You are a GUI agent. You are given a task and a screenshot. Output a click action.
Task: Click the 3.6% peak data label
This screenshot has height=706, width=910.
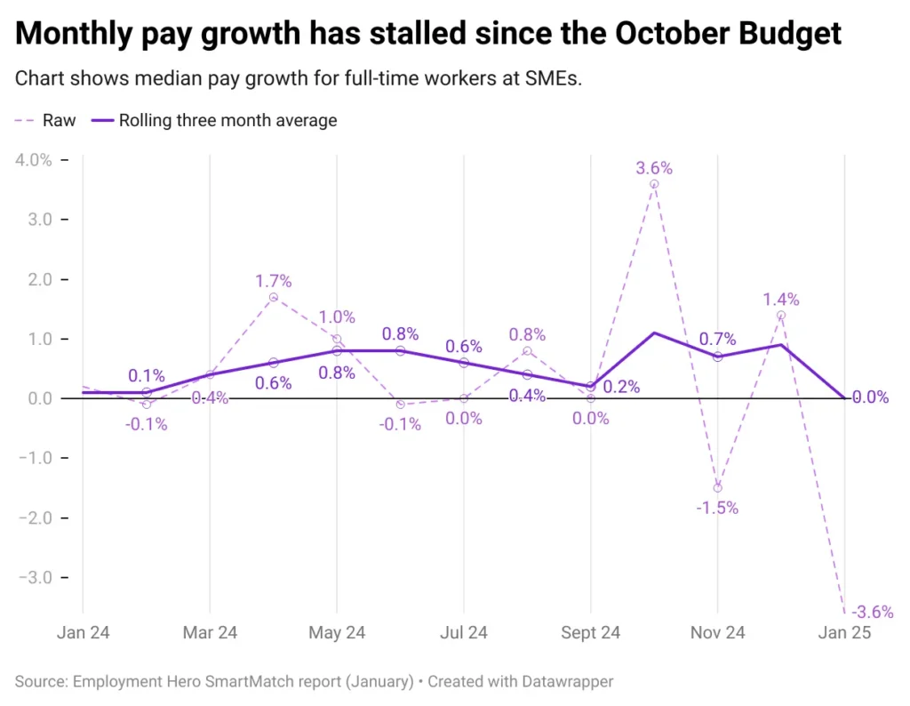point(654,167)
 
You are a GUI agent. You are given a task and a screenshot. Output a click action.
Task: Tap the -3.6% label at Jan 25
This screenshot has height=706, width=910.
point(872,612)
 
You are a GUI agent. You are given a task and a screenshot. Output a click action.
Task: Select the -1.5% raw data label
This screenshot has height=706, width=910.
point(717,508)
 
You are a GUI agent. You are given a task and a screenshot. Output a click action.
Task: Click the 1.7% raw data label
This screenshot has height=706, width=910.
point(273,281)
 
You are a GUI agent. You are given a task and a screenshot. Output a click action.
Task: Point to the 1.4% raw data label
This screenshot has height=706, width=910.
point(781,299)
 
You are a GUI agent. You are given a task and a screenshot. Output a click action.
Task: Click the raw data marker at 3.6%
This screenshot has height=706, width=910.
point(654,184)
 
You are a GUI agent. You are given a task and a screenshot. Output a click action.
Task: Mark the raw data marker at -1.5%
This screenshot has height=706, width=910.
point(717,487)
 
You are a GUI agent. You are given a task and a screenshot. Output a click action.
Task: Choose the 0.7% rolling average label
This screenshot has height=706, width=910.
point(717,339)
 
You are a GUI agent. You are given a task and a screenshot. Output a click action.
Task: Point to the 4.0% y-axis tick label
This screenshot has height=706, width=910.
point(32,160)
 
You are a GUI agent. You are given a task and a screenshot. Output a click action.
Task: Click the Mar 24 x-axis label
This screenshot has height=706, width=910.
point(210,633)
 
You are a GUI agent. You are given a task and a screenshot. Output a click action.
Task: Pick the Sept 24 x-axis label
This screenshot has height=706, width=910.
point(590,633)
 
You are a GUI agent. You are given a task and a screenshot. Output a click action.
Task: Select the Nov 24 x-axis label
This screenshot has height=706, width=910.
point(717,633)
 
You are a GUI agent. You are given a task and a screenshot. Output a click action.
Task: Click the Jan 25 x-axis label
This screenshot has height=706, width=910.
point(844,633)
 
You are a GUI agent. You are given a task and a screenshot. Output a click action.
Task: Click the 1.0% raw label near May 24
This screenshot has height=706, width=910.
point(337,317)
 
